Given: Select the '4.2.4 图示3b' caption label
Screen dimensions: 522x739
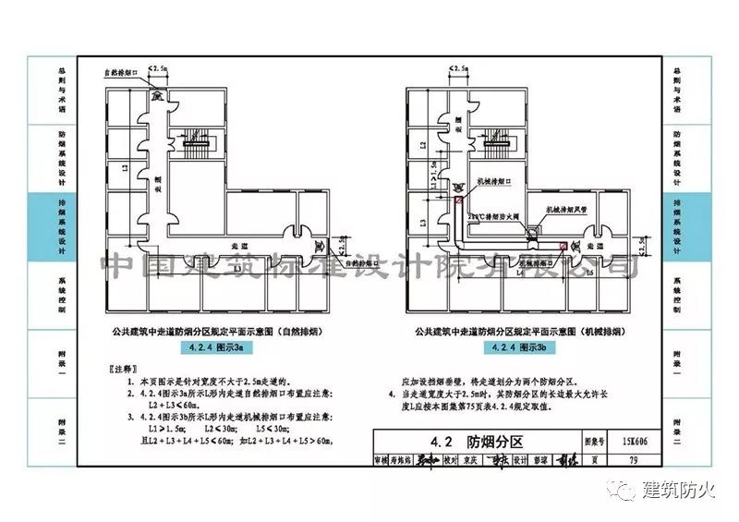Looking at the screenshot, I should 524,347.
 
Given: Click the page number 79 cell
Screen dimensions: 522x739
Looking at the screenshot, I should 634,458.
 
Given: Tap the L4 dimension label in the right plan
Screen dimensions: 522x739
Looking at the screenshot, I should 521,274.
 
